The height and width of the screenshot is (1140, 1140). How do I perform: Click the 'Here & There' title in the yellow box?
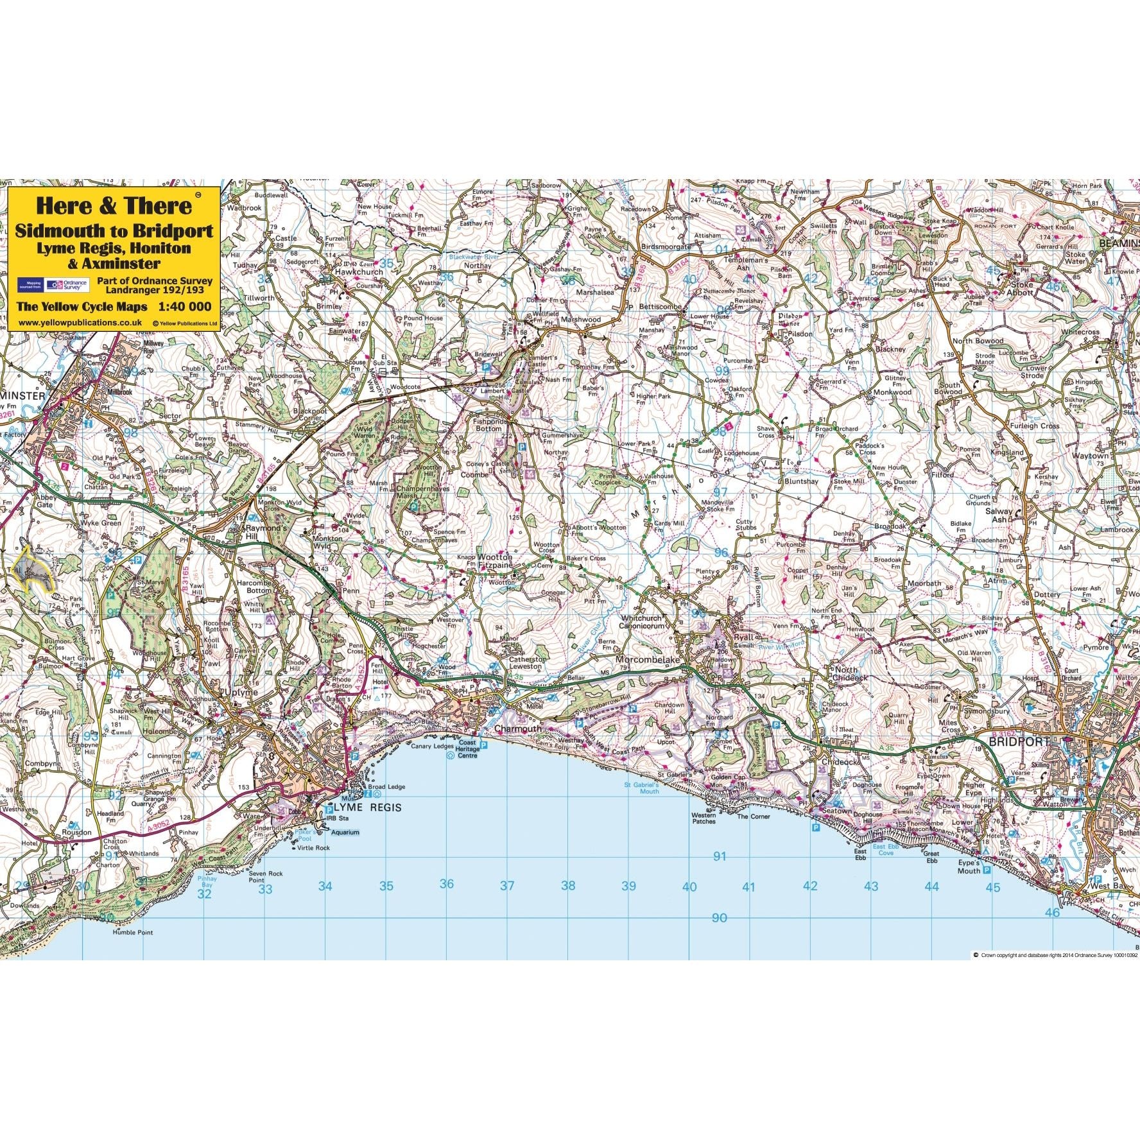[x=114, y=205]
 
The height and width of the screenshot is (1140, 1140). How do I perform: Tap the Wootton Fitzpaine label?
[x=496, y=562]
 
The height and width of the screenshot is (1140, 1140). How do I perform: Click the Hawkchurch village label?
[x=359, y=272]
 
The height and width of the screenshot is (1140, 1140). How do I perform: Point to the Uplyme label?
[x=242, y=693]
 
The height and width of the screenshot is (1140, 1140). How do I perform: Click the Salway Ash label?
[x=998, y=515]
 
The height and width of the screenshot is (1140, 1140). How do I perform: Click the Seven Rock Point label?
[x=266, y=877]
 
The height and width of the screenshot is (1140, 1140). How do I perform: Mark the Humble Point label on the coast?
[x=133, y=932]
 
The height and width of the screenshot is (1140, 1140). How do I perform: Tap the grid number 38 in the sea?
[x=568, y=886]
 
